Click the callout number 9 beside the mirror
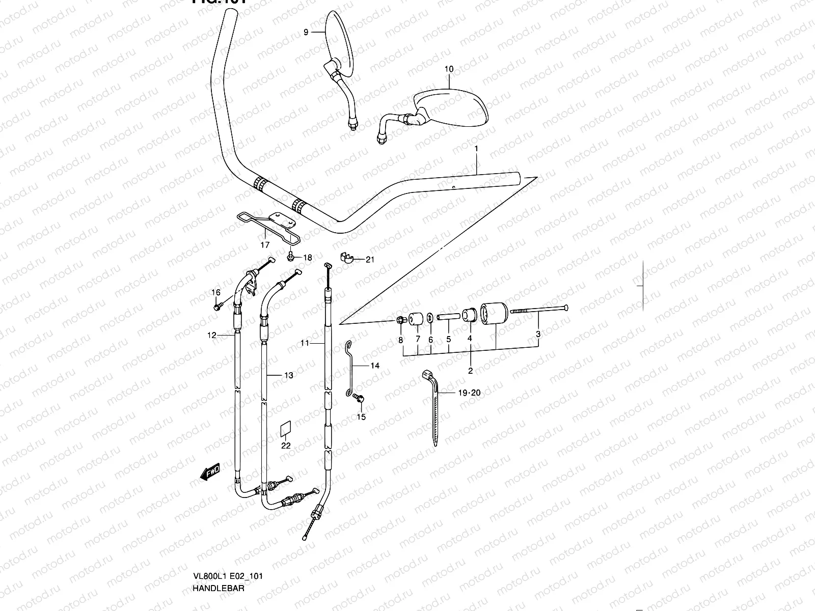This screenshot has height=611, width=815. [306, 32]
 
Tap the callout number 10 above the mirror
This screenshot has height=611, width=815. [449, 69]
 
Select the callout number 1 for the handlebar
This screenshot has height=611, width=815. [476, 149]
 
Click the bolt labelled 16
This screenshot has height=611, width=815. [218, 307]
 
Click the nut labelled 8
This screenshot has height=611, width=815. [400, 320]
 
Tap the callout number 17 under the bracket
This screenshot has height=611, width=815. [265, 245]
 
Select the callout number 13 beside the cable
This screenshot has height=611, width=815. [289, 375]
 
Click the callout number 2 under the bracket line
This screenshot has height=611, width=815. [470, 371]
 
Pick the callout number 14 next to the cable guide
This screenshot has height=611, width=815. [375, 366]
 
